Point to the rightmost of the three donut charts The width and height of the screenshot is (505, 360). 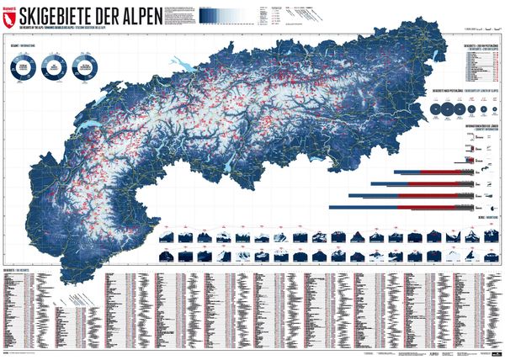[87, 69]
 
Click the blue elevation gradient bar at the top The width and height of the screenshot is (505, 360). [328, 12]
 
